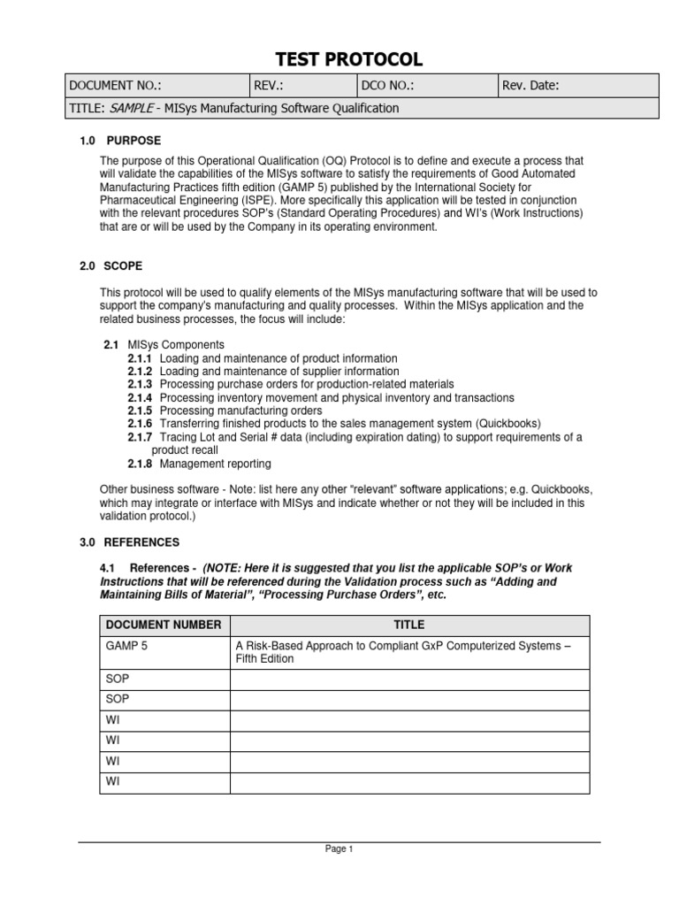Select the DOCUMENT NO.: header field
click(115, 86)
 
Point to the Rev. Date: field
click(530, 86)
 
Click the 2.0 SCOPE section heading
click(111, 265)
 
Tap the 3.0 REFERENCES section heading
click(129, 541)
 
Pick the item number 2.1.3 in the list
click(140, 385)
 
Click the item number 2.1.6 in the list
click(140, 424)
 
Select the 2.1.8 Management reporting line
click(199, 464)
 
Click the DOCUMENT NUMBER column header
click(164, 625)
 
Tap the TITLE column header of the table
click(409, 625)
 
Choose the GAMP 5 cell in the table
click(126, 646)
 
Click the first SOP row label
click(117, 679)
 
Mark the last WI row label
click(112, 782)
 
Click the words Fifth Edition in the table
click(264, 659)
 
